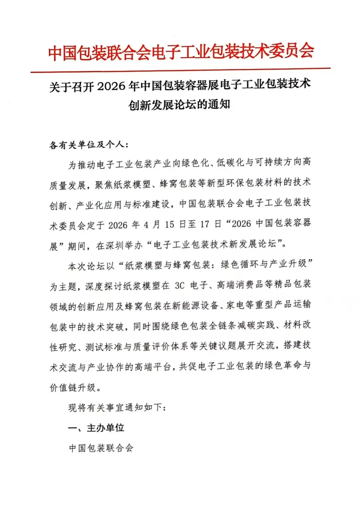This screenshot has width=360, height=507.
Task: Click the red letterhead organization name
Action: tap(181, 52)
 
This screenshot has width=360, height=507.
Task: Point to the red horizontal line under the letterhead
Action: tap(180, 70)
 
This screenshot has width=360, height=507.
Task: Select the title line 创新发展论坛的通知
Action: tap(179, 105)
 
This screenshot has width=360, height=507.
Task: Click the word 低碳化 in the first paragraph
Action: tap(230, 163)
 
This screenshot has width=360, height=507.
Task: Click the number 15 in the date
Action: tap(170, 225)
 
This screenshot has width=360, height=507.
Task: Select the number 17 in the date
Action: tap(205, 224)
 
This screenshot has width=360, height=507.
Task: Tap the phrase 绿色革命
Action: tap(283, 366)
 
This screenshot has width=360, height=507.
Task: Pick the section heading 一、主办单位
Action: tap(96, 428)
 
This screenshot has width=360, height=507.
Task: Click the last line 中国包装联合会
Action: tap(101, 448)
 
